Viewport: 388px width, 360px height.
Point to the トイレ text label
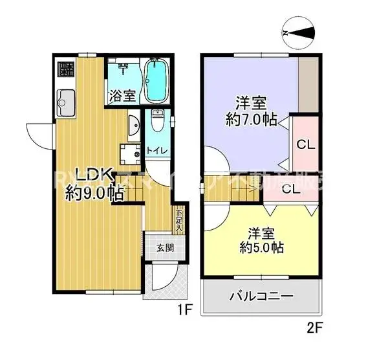[x=158, y=151]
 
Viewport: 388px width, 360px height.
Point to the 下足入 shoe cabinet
[x=179, y=220]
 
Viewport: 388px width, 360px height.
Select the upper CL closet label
[x=305, y=145]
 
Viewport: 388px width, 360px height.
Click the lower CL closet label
[x=290, y=190]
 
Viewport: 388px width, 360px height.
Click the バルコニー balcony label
[x=262, y=297]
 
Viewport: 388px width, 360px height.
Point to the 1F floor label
[x=186, y=309]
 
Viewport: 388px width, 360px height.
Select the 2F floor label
[x=315, y=328]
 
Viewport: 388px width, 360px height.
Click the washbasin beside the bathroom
[x=133, y=126]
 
